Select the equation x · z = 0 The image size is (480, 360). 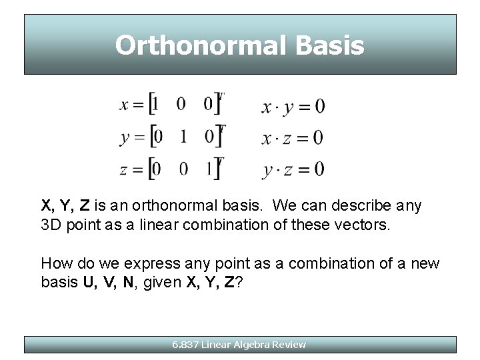click(x=293, y=137)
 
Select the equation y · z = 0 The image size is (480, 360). click(x=293, y=170)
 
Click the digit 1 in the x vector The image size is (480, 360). click(x=155, y=105)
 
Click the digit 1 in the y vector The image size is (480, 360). click(x=182, y=137)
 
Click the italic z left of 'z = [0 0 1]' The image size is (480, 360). click(x=124, y=170)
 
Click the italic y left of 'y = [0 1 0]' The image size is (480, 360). click(x=125, y=139)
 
